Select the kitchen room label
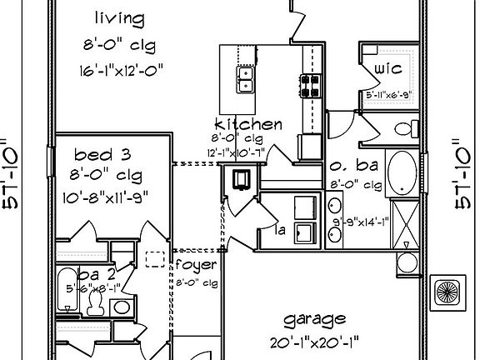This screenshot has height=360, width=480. (x=248, y=124)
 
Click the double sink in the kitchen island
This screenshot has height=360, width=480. (x=245, y=79)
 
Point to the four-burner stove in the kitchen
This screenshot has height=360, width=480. (x=310, y=85)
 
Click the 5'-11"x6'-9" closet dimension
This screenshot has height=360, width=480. (x=389, y=96)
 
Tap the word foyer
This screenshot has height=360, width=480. (x=197, y=265)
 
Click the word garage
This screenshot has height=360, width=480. (x=313, y=319)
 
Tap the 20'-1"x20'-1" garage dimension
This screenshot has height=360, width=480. (x=313, y=342)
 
